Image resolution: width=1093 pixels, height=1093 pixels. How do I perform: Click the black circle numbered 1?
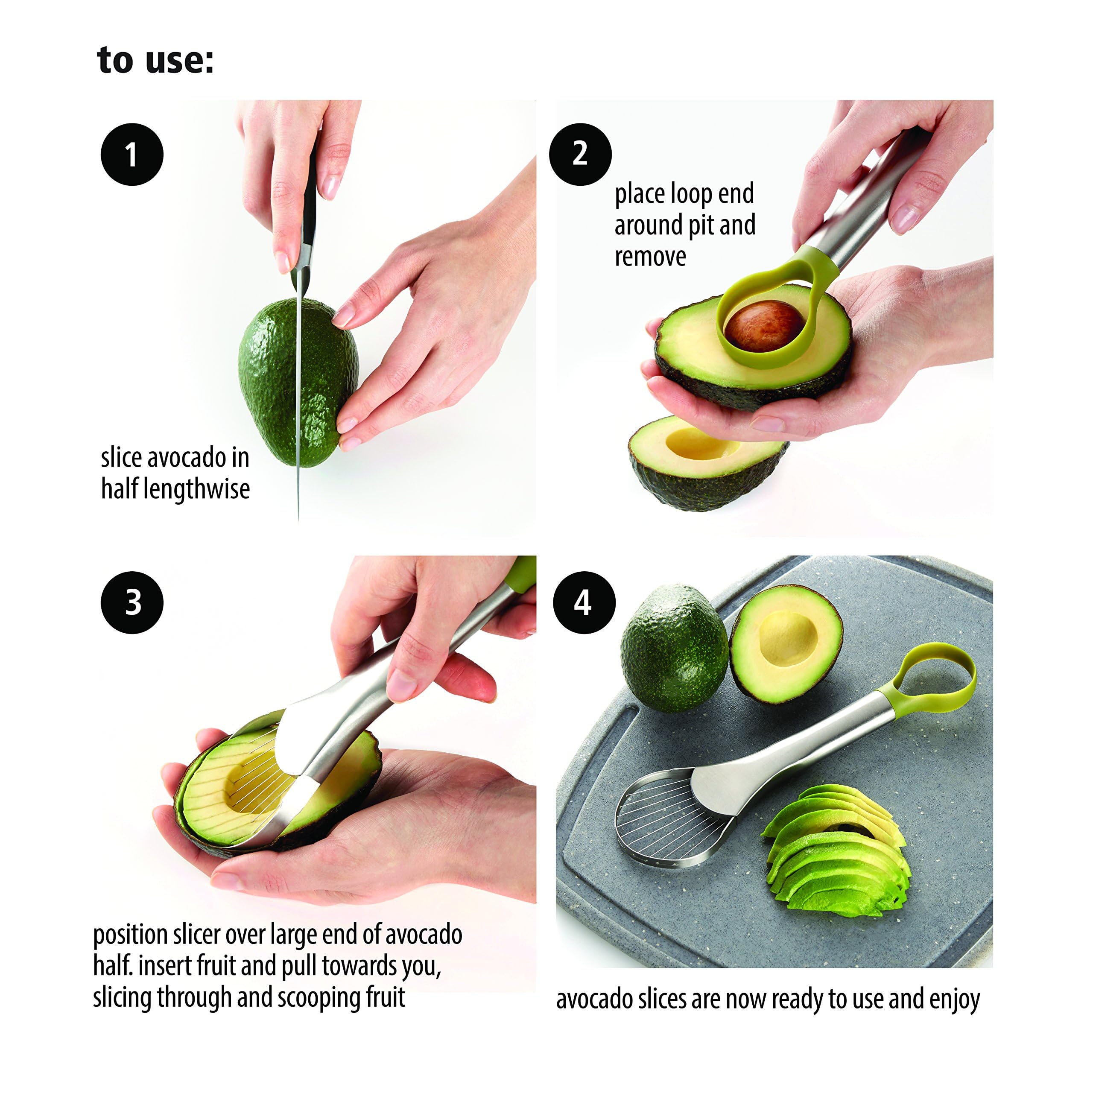click(x=132, y=155)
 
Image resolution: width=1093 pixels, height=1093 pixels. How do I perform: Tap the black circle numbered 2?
click(x=580, y=154)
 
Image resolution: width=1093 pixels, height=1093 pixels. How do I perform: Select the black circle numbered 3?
click(x=132, y=602)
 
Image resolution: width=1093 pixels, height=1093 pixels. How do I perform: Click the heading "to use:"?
click(x=155, y=60)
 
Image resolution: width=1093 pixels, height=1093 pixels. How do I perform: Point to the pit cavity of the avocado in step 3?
click(x=249, y=783)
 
